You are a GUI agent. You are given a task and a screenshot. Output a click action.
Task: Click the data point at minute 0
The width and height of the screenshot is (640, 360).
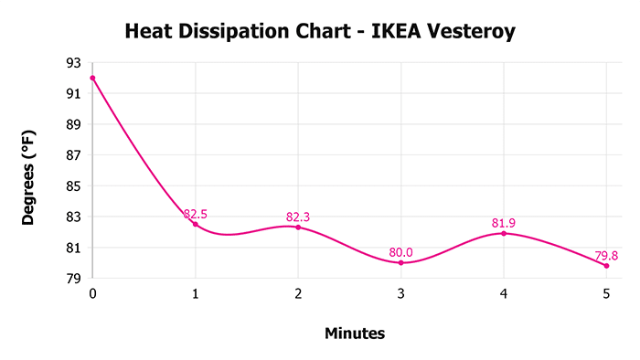coord(92,78)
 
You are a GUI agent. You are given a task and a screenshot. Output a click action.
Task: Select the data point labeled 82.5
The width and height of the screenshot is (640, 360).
coord(195,224)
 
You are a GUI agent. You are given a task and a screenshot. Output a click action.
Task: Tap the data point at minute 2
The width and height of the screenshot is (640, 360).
coord(298,227)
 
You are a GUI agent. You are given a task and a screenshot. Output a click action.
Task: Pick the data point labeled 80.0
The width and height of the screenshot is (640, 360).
coord(401,263)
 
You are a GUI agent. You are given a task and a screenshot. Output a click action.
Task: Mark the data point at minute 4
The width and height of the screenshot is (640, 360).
coord(504,233)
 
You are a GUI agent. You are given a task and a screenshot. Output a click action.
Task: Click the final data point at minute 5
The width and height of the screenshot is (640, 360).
coord(606,266)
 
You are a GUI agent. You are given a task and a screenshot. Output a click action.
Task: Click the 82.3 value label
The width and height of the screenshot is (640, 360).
coord(298,217)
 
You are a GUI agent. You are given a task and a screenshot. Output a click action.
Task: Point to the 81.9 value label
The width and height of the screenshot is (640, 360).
coord(504,223)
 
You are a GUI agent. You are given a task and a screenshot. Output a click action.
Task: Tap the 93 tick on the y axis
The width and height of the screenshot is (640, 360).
coord(72,63)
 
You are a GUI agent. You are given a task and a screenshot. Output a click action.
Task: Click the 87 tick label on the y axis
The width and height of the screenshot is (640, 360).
coord(72,155)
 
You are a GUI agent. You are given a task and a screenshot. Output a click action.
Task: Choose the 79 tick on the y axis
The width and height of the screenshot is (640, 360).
coord(72,279)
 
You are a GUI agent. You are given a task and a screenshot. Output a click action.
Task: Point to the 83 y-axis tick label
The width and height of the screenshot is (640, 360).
coord(72,217)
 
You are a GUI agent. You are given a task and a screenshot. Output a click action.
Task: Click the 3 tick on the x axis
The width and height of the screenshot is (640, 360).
coord(401,293)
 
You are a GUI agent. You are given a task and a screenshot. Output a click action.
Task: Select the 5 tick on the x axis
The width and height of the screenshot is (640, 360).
coord(606,293)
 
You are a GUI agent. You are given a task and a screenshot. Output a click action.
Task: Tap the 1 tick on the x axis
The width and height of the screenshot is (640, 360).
coord(195,293)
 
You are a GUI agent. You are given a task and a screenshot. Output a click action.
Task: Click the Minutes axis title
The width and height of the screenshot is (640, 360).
coord(355,334)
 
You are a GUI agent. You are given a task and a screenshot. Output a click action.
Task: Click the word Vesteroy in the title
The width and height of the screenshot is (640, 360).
coord(468,33)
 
